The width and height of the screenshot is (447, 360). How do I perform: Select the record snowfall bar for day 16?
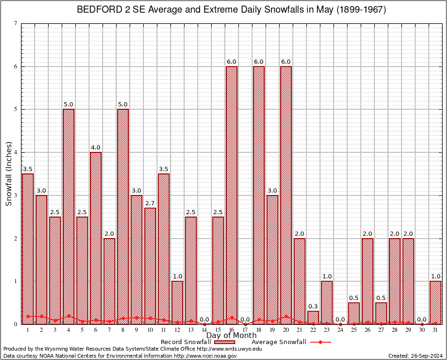click(231, 195)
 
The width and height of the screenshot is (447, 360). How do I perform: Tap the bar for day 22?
click(313, 317)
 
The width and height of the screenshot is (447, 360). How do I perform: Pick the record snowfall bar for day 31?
click(435, 302)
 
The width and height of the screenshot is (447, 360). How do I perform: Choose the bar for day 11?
click(164, 249)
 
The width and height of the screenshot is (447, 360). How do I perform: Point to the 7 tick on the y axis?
click(16, 23)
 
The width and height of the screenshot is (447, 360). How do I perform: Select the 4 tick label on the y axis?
click(16, 152)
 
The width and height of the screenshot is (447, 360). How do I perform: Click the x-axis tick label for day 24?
click(340, 330)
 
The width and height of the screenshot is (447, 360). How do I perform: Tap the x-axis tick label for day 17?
click(245, 330)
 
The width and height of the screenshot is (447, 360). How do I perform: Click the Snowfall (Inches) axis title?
click(8, 174)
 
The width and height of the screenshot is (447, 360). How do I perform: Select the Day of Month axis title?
click(231, 336)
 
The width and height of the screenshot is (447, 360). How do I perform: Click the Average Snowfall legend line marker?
click(320, 342)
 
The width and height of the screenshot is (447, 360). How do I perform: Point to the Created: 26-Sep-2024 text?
click(416, 356)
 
